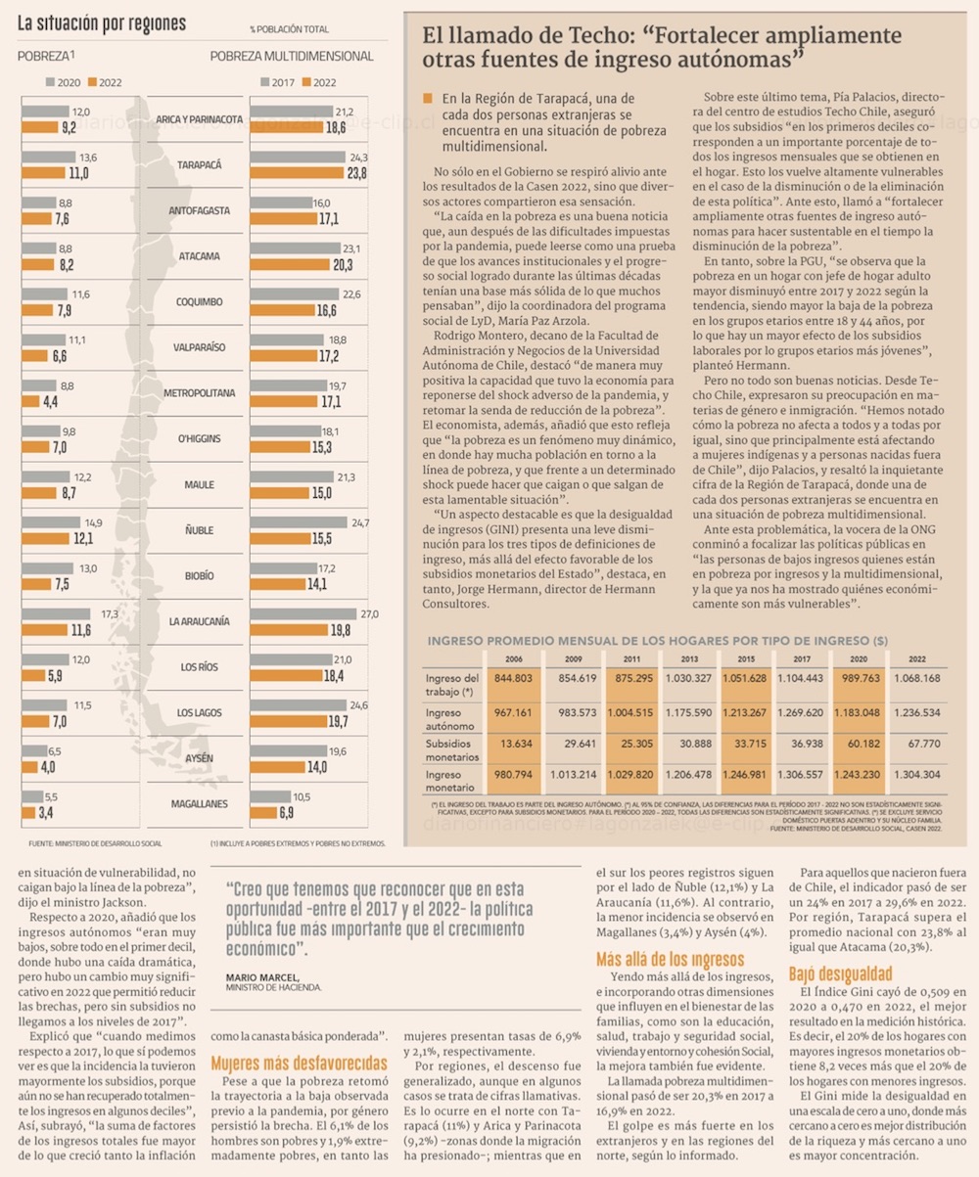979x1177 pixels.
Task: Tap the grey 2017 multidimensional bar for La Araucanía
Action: click(x=303, y=613)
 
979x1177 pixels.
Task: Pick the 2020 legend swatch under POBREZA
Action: click(x=51, y=81)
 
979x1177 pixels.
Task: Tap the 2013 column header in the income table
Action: click(x=689, y=658)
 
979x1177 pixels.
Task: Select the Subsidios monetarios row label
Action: click(x=452, y=750)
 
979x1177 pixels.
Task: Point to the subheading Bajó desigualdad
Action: click(x=840, y=973)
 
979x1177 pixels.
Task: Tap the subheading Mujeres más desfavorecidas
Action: click(x=299, y=1063)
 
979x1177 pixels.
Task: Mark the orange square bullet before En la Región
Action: click(x=427, y=99)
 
